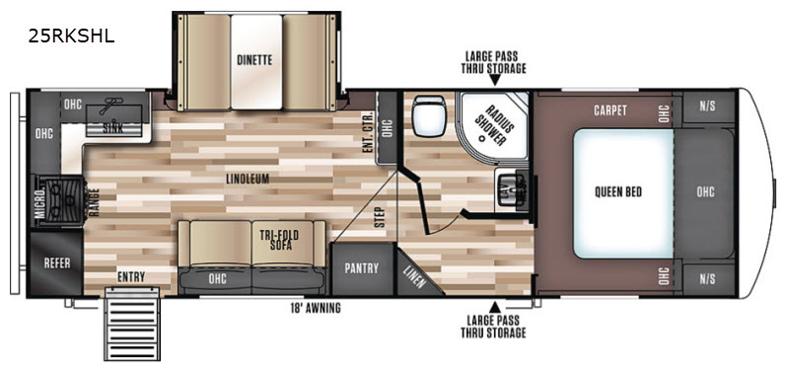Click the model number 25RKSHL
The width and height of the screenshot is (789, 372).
(x=71, y=36)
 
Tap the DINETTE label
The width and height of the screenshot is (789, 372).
(x=254, y=60)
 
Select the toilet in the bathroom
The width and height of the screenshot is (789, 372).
(x=428, y=115)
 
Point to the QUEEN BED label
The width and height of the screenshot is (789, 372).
(x=618, y=191)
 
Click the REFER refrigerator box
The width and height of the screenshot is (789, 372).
(x=56, y=263)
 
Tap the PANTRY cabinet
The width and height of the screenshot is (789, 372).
(x=361, y=268)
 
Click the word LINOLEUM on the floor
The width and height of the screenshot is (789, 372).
(x=248, y=179)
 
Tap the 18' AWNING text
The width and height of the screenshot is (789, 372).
(x=316, y=308)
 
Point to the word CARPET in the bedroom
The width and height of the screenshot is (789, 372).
(x=610, y=111)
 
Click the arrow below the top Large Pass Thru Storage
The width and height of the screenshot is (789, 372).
(x=495, y=81)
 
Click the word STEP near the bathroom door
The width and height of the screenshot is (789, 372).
(x=381, y=217)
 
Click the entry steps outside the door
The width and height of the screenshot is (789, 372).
(x=132, y=324)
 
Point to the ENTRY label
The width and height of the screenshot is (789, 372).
(x=131, y=277)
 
